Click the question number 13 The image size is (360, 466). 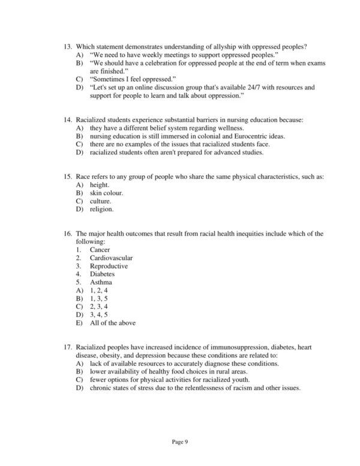[68, 47]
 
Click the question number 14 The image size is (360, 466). [68, 120]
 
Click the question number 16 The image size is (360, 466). [68, 233]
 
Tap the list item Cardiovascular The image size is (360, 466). [111, 258]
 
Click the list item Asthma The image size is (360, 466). [101, 282]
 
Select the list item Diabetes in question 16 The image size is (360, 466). [102, 274]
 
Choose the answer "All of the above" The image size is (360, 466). [112, 322]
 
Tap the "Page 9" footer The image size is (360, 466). [180, 442]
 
